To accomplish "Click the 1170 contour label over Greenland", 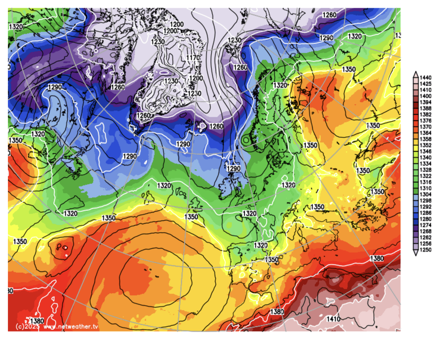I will coord(193,58).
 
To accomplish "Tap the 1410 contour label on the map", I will coord(333,319).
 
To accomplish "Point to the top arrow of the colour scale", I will coord(416,73).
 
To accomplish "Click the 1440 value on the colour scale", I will coord(425,77).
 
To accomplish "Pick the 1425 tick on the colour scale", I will coord(425,84).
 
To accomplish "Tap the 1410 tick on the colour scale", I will coord(425,90).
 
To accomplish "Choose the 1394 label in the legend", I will coord(425,102).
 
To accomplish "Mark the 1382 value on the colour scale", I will coord(425,115).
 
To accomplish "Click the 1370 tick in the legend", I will coord(425,127).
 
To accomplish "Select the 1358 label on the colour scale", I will coord(425,139).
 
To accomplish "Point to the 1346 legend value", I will coord(425,151).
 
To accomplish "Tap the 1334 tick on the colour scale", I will coord(425,164).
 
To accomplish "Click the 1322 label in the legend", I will coord(425,176).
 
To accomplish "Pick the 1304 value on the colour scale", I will coord(425,194).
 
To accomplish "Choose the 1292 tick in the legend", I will coord(425,206).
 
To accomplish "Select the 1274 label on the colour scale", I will coord(425,225).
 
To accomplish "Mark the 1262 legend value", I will coord(425,237).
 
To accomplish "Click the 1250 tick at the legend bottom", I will coord(425,250).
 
